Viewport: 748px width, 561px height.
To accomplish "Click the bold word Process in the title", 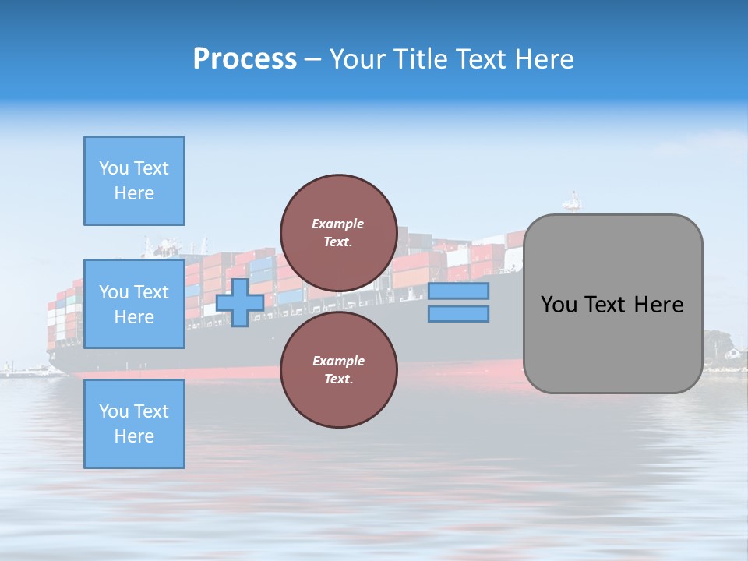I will pyautogui.click(x=245, y=59).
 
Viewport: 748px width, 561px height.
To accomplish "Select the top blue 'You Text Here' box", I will pyautogui.click(x=134, y=181).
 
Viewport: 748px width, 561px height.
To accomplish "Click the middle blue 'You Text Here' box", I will pyautogui.click(x=134, y=304).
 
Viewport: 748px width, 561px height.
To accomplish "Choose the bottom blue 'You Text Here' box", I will pyautogui.click(x=134, y=424).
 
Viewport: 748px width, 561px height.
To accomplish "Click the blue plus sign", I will pyautogui.click(x=240, y=302).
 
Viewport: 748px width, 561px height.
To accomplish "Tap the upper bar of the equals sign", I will pyautogui.click(x=459, y=291).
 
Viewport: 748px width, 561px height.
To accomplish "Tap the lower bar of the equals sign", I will pyautogui.click(x=459, y=314).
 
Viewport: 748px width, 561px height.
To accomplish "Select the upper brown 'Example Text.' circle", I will pyautogui.click(x=339, y=233).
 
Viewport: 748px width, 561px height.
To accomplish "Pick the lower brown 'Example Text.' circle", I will pyautogui.click(x=339, y=370).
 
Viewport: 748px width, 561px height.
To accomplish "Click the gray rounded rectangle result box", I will pyautogui.click(x=612, y=304).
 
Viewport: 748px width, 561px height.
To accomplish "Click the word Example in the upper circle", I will pyautogui.click(x=338, y=224).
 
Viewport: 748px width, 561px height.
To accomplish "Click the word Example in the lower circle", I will pyautogui.click(x=338, y=361).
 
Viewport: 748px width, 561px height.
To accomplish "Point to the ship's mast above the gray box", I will pyautogui.click(x=574, y=200).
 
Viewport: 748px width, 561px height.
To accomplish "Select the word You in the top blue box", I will pyautogui.click(x=113, y=168).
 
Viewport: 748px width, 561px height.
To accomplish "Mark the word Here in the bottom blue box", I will pyautogui.click(x=134, y=436).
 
